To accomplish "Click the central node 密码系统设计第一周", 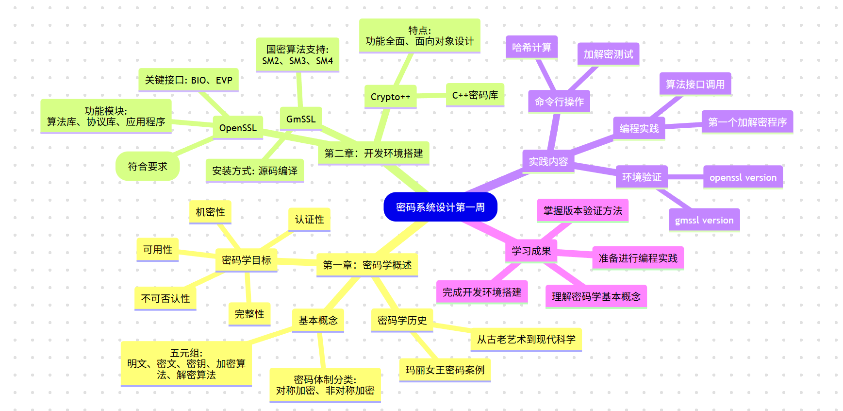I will [440, 207].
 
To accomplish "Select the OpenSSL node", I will [238, 128].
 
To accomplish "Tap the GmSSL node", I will [301, 119].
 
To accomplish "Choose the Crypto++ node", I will [390, 97].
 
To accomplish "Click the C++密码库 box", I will [475, 95].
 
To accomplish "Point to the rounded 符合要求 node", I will [148, 167].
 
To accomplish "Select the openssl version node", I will [743, 177].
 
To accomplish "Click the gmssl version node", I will [704, 220].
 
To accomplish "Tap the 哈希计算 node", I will [531, 48].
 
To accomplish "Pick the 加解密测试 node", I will [608, 54].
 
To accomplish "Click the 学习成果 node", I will [531, 251].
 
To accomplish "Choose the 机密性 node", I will [210, 212].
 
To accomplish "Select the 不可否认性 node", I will [165, 298].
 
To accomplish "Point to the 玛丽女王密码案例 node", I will [445, 370].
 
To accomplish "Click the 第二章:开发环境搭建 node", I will [373, 154].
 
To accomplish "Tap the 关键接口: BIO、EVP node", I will [188, 80].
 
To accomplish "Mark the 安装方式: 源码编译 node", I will [254, 171].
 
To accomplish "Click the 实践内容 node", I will [548, 161].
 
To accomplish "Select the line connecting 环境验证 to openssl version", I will [685, 177].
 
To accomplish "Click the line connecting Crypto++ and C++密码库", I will [431, 96].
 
